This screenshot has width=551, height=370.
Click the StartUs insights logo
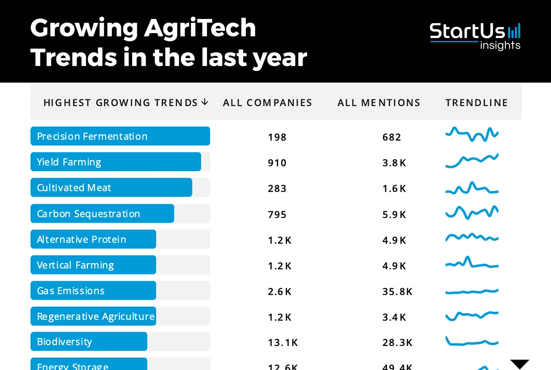[x=475, y=36]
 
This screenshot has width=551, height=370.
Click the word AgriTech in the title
[x=200, y=28]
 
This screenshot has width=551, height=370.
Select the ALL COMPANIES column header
[x=267, y=103]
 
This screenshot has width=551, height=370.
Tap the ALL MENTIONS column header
[x=379, y=103]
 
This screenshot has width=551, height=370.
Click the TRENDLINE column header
[x=477, y=103]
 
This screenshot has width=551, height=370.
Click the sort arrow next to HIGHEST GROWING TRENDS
[x=205, y=102]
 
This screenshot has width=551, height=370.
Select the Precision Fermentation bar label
[x=92, y=136]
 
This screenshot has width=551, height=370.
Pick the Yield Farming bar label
[x=69, y=162]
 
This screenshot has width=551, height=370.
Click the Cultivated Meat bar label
[x=74, y=188]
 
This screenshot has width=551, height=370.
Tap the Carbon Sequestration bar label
[x=88, y=214]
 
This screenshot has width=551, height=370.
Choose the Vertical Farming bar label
[x=75, y=265]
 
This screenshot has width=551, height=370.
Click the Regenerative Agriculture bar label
[x=96, y=317]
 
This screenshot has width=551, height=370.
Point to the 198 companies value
[x=277, y=137]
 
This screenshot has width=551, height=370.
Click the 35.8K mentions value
[x=397, y=292]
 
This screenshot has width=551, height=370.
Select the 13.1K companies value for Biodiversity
[x=282, y=342]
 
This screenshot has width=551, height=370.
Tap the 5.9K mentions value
[x=394, y=215]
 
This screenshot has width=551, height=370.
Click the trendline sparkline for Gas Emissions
[x=472, y=292]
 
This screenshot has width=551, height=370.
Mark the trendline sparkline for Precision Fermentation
[x=472, y=134]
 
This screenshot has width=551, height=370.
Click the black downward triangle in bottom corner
[x=520, y=364]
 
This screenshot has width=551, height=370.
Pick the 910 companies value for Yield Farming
[x=277, y=163]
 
